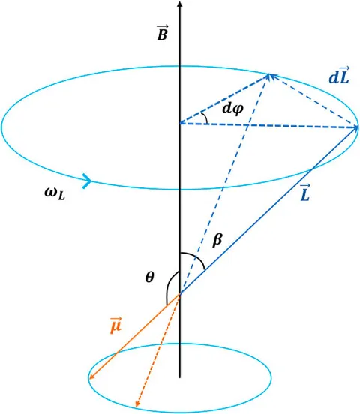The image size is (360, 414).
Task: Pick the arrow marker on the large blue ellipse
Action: tap(87, 181)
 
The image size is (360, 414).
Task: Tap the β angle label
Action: tap(218, 239)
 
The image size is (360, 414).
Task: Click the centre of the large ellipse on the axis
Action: tap(180, 124)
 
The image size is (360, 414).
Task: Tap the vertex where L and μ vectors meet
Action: tap(180, 295)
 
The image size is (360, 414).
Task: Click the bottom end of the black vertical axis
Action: tap(180, 377)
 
